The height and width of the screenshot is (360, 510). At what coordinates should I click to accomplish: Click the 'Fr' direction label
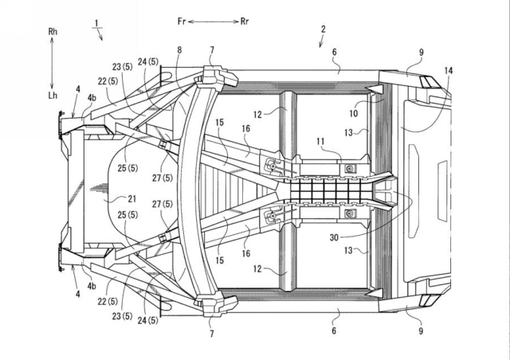click(182, 22)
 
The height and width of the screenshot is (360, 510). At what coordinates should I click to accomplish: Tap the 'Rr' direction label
click(245, 22)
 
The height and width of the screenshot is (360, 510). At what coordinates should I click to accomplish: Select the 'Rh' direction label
click(53, 32)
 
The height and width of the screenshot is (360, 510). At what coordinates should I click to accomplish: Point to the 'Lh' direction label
click(53, 96)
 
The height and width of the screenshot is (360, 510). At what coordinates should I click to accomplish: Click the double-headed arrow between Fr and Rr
click(214, 22)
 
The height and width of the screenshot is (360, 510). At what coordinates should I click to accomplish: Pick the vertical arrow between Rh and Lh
click(52, 64)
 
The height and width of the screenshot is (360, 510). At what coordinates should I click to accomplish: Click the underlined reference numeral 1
click(96, 23)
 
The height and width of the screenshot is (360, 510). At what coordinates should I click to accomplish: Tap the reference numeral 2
click(323, 29)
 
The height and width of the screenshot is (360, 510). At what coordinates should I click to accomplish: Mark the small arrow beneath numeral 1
click(100, 34)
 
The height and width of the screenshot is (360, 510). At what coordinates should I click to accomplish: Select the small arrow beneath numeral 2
click(321, 41)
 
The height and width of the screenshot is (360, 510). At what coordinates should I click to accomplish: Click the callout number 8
click(179, 49)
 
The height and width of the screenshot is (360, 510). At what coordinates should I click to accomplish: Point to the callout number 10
click(353, 113)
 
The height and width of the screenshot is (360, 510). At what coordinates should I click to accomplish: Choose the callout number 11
click(320, 141)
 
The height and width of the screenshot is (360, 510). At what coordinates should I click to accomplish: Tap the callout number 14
click(448, 71)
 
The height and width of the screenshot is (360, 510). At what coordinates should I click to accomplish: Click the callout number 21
click(131, 198)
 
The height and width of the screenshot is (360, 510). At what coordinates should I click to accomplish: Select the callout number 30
click(334, 237)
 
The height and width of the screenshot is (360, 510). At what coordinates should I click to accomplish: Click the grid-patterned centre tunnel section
click(325, 191)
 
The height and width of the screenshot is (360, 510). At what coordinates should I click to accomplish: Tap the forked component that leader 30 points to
click(384, 191)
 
